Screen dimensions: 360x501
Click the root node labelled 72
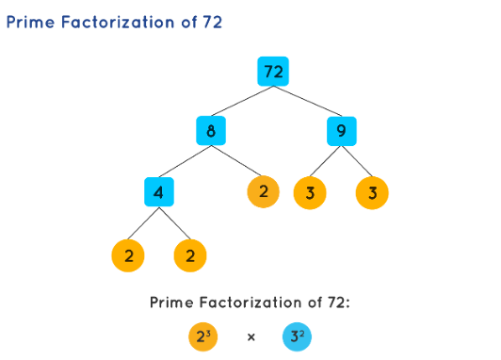pyautogui.click(x=274, y=72)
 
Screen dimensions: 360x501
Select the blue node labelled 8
pyautogui.click(x=211, y=132)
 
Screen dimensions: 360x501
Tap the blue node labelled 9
pyautogui.click(x=341, y=132)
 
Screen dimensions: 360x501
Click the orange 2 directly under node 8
pyautogui.click(x=263, y=193)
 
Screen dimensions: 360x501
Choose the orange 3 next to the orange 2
pyautogui.click(x=310, y=193)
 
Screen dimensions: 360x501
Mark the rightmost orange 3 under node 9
pyautogui.click(x=373, y=193)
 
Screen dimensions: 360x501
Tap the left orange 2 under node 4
pyautogui.click(x=128, y=254)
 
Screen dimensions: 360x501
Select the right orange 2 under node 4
pyautogui.click(x=190, y=254)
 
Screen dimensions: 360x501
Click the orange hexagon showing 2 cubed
pyautogui.click(x=202, y=335)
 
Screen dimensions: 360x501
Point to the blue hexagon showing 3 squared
pyautogui.click(x=297, y=335)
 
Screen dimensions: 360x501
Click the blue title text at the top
pyautogui.click(x=113, y=22)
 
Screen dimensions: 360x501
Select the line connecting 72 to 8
pyautogui.click(x=243, y=102)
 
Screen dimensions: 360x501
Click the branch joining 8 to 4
pyautogui.click(x=186, y=162)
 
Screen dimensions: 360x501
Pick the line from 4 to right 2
pyautogui.click(x=176, y=224)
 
